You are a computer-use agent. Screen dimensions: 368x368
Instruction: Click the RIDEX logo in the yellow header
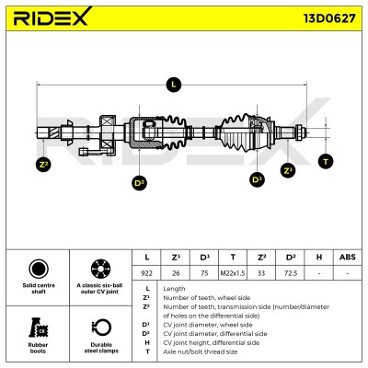(x=52, y=17)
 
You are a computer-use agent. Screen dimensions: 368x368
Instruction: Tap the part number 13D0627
(x=329, y=18)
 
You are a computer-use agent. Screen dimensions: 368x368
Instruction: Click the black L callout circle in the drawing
(x=174, y=85)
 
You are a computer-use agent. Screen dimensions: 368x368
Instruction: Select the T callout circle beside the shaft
(x=326, y=161)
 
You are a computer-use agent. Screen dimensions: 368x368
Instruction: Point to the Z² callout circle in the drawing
(x=43, y=164)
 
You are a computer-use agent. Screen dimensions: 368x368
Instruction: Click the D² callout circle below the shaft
(x=139, y=183)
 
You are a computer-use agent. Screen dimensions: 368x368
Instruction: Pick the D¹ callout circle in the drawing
(x=257, y=179)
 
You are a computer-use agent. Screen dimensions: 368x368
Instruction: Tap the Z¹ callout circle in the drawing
(x=288, y=170)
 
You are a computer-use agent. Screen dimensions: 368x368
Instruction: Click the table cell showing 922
(x=147, y=273)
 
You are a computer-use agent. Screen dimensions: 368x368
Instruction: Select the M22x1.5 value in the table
(x=233, y=273)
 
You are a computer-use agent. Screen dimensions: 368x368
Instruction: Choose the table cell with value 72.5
(x=291, y=273)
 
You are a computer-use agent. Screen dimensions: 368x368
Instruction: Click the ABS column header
(x=348, y=257)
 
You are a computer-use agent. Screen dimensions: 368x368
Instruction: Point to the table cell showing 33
(x=261, y=273)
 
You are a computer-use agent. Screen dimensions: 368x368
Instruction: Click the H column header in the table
(x=319, y=257)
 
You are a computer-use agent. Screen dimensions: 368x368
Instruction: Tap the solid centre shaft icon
(x=39, y=269)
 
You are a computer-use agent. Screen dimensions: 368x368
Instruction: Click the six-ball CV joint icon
(x=101, y=269)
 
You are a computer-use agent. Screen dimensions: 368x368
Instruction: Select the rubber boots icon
(x=39, y=328)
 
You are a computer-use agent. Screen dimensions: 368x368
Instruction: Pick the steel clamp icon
(x=101, y=328)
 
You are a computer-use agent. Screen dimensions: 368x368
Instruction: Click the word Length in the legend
(x=174, y=289)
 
